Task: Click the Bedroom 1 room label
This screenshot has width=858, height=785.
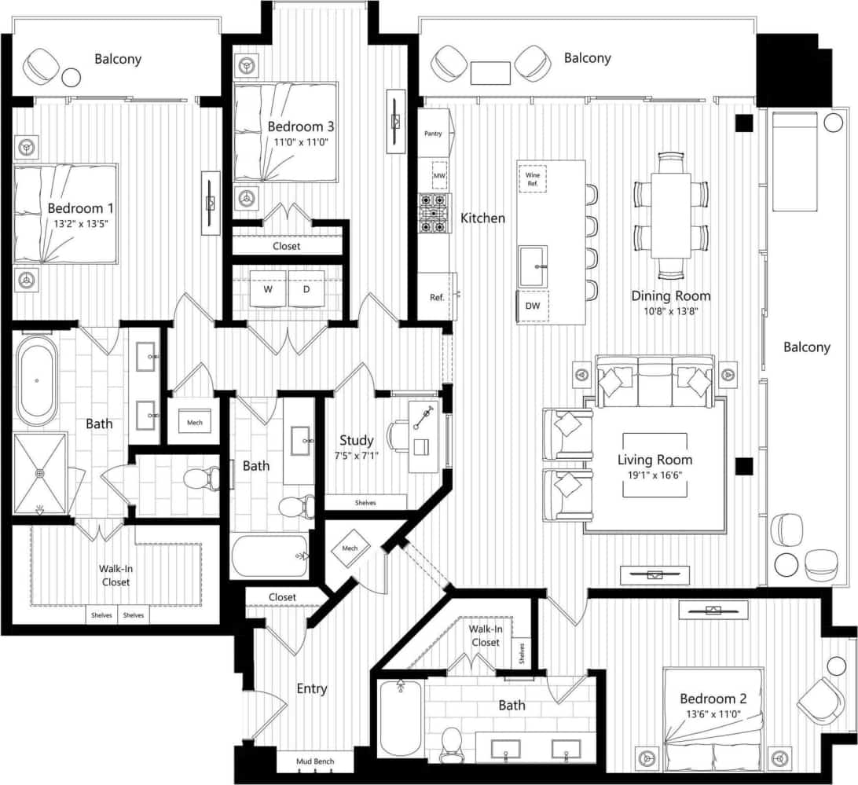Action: point(81,208)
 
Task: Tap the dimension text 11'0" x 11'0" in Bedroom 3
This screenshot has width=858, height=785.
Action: point(300,142)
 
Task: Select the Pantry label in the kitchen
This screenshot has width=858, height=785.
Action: point(433,134)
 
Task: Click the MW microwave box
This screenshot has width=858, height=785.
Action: point(439,176)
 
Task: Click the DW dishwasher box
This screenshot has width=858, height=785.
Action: point(533,306)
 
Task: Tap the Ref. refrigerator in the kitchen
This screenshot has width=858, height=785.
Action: point(436,297)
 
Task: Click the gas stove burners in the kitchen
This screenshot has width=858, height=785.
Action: point(433,213)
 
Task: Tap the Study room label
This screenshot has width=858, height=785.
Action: point(356,440)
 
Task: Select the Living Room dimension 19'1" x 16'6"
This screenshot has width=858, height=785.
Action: point(654,475)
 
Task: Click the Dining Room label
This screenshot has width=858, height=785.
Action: point(670,295)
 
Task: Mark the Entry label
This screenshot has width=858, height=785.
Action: point(311,688)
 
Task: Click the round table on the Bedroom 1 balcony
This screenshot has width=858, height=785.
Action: point(71,77)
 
